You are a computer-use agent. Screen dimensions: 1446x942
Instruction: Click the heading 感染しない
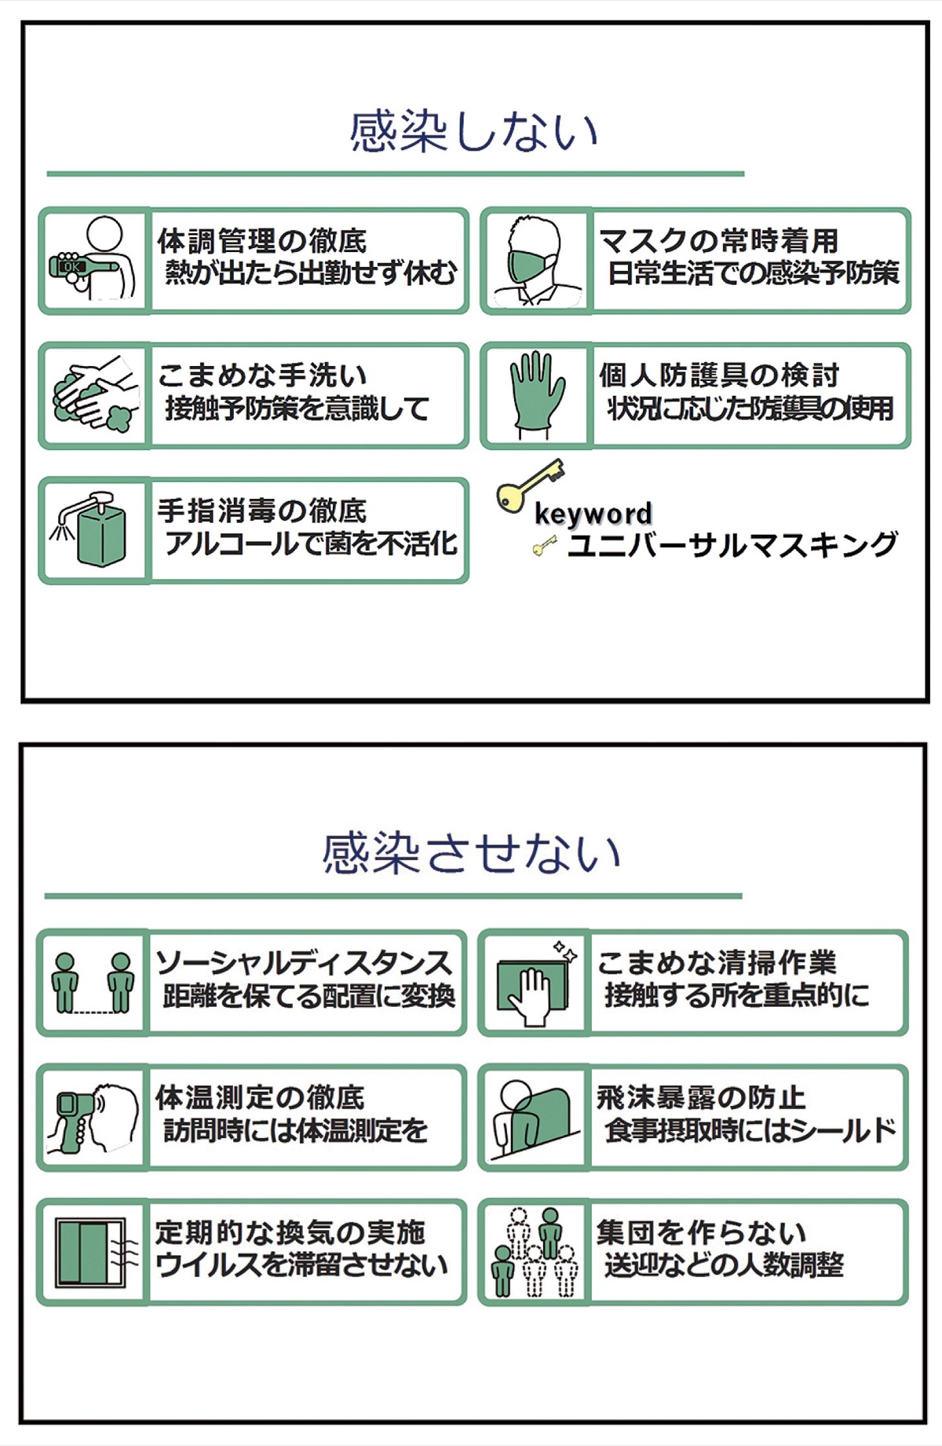click(473, 132)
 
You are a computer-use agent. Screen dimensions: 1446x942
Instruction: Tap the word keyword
click(593, 514)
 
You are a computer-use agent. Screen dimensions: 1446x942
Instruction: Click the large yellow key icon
click(528, 485)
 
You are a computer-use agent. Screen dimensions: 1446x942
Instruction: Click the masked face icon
click(535, 262)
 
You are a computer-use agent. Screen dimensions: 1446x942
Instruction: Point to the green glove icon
click(536, 395)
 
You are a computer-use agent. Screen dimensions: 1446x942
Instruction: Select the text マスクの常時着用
click(718, 240)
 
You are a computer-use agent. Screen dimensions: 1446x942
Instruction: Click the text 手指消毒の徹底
click(262, 511)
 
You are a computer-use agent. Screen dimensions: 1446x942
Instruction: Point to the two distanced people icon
click(93, 982)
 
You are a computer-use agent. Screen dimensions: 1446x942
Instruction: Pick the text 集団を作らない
click(701, 1232)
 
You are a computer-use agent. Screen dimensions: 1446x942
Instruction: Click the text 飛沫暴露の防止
click(701, 1097)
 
